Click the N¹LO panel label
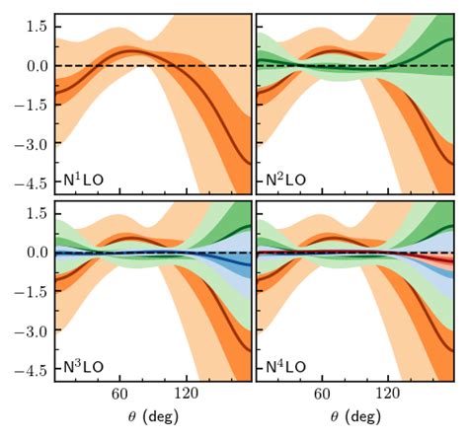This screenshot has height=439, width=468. coord(84,183)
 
